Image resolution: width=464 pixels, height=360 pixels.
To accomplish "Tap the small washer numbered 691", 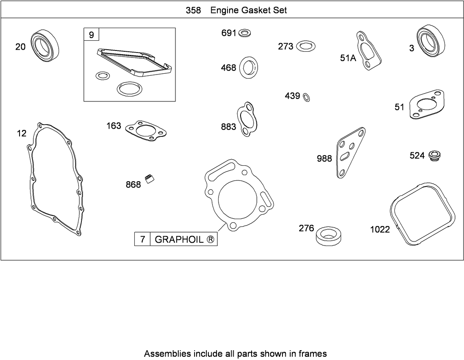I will coord(245,33).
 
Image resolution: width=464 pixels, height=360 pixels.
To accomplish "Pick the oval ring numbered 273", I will coord(306,46).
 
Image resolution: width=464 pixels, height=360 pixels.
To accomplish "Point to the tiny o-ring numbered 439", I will coord(306,97).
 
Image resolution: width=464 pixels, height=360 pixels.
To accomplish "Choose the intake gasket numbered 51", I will coord(426,105).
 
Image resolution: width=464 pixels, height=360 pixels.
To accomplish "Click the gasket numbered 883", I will coord(246,119).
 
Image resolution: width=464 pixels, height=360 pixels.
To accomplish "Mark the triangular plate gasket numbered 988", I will coord(350,152).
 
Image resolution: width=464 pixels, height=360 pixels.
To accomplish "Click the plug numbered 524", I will coord(435,156).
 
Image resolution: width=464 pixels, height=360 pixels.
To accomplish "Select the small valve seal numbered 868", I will coord(151,179).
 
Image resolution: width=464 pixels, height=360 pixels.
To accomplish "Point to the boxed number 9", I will coord(91,35).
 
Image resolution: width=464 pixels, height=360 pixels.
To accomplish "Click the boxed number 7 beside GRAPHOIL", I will coord(142,239).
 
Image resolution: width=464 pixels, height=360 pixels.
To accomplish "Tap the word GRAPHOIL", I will coord(179,239).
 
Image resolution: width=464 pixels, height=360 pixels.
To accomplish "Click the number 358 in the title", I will coord(193,10).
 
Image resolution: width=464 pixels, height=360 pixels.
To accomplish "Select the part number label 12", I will coord(21,133).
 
